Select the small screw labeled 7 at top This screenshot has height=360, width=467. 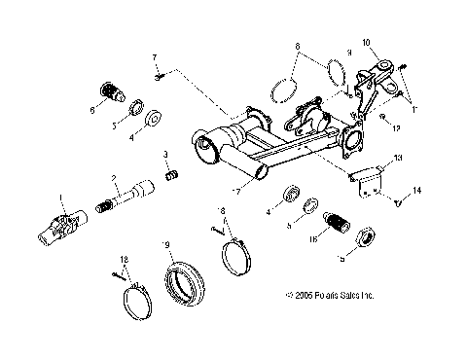tap(162, 72)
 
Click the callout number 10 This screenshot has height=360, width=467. tap(367, 43)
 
